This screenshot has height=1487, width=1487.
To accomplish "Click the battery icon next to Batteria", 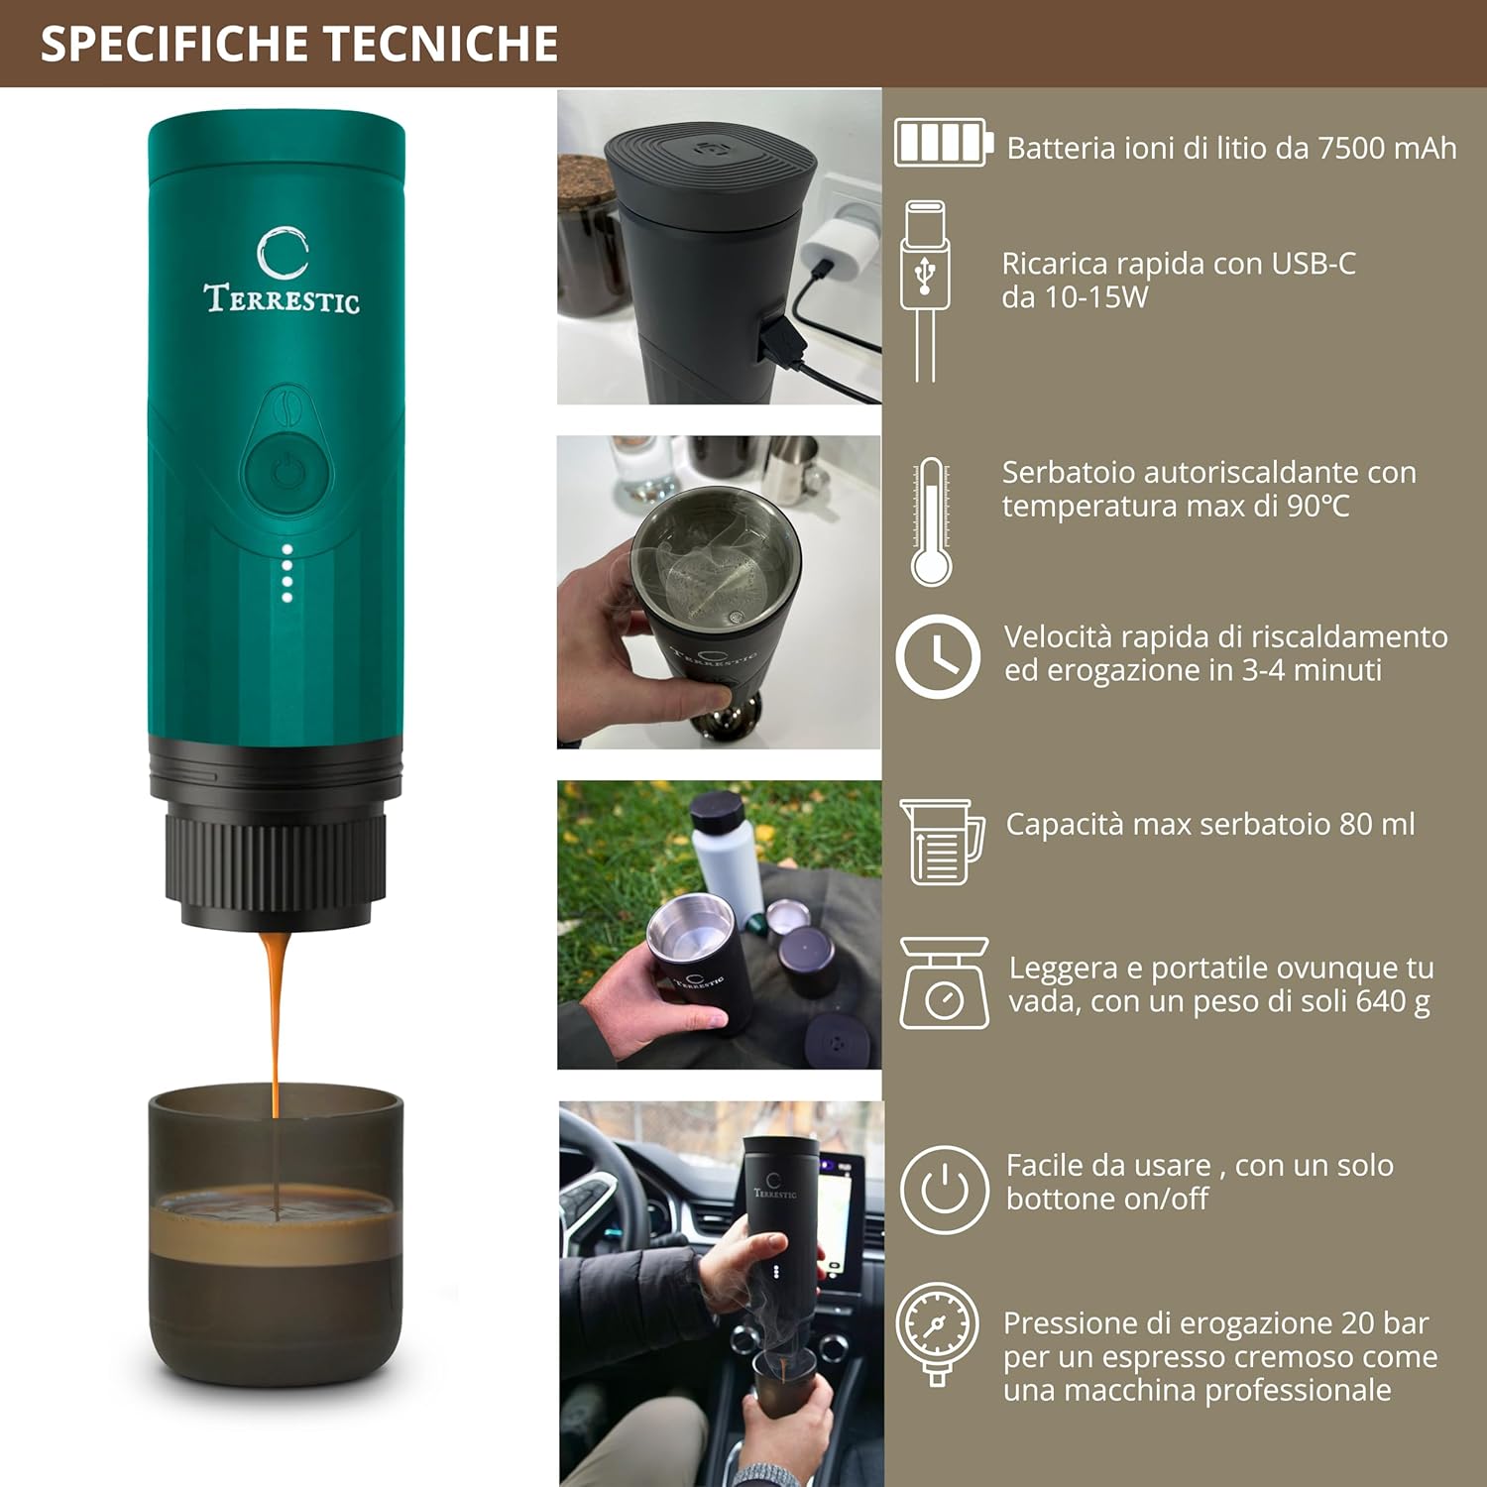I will [942, 143].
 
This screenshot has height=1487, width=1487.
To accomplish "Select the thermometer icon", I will [931, 522].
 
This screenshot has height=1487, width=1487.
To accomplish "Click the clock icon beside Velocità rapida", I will [938, 656].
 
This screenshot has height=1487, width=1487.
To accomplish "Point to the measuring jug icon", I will [942, 842].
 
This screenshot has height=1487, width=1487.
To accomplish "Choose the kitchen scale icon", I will [944, 983].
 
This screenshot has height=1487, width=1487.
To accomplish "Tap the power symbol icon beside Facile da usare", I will [944, 1189].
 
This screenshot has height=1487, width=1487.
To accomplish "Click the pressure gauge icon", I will [937, 1331].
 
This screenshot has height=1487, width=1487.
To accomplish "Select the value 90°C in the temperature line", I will [1317, 506].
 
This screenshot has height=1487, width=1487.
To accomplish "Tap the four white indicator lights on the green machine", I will [286, 573].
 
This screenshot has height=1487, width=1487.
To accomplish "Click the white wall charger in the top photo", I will [839, 248].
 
